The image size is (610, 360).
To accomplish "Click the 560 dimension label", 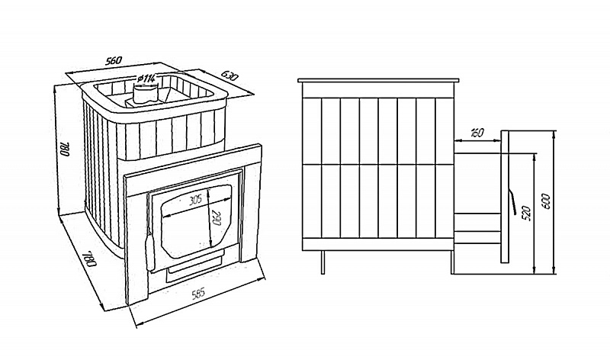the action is [x=114, y=60].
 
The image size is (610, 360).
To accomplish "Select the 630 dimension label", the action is [x=230, y=76].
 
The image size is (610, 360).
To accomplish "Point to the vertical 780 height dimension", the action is [x=65, y=149].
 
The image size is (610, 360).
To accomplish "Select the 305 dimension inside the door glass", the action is [x=195, y=201].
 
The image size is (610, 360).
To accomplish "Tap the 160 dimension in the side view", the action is [x=477, y=133].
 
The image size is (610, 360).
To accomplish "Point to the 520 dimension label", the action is [x=528, y=214].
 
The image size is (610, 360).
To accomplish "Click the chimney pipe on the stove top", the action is [x=145, y=92].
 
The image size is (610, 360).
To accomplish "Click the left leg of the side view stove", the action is [x=323, y=262].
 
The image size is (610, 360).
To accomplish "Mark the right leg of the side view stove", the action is [x=452, y=262].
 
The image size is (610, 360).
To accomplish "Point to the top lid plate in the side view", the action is [x=378, y=81].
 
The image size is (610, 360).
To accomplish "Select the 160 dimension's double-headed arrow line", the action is [x=477, y=141].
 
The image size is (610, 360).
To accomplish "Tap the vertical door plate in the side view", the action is [x=505, y=197].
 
